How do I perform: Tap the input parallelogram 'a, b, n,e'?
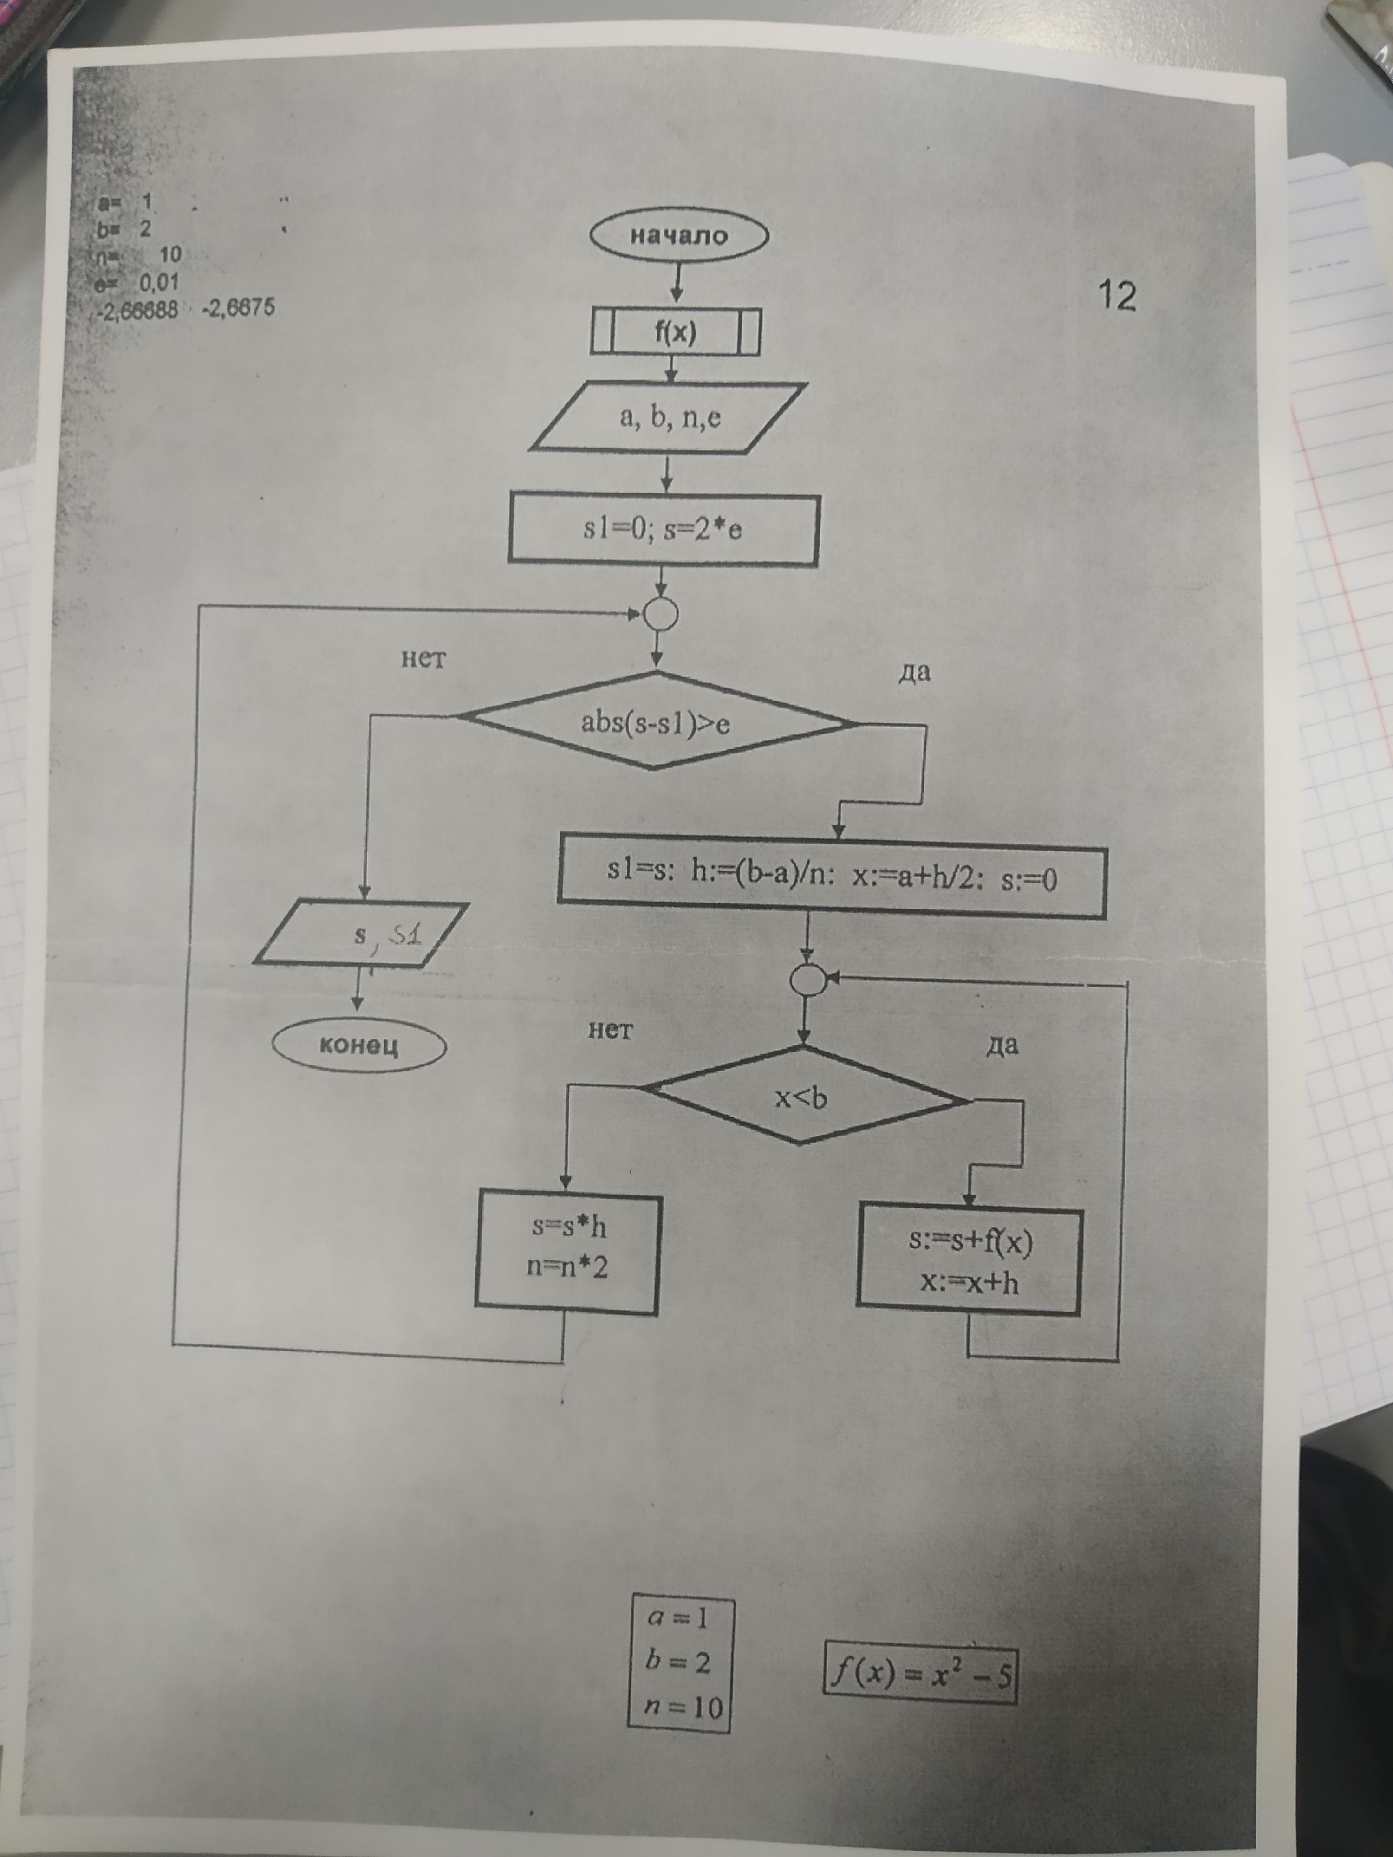point(669,417)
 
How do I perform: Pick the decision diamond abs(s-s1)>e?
point(656,721)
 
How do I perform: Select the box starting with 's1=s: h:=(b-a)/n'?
point(831,877)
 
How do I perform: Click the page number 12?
point(1117,296)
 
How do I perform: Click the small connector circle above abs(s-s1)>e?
point(659,614)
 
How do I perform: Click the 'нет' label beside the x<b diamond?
point(611,1030)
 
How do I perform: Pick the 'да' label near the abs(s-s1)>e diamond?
point(914,672)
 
